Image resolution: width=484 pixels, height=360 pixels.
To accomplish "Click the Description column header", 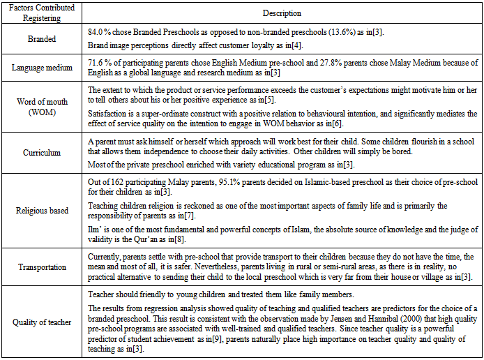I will click(282, 13).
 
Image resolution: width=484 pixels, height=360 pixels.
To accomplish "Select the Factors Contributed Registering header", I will click(43, 13).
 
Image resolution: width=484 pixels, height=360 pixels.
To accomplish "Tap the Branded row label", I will click(43, 40).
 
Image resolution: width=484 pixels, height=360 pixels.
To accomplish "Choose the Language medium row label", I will click(43, 68).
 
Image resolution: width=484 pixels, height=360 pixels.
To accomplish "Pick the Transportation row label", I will click(43, 267).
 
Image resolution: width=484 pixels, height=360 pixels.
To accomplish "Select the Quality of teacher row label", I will click(43, 322).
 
